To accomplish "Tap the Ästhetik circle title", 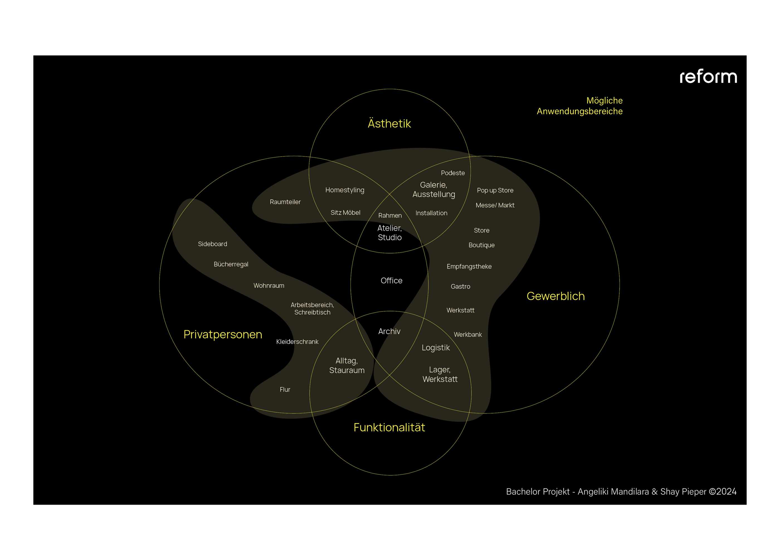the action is coord(389,124).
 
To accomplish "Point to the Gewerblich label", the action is coord(555,296).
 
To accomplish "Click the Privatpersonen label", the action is coord(223,335).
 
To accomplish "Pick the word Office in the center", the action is coord(391,280).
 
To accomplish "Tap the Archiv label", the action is coord(389,331).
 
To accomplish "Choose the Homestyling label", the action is coord(345,190).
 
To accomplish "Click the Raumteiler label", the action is coord(285,202).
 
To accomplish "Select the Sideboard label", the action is coord(212,244).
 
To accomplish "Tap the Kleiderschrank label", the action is coord(297,342).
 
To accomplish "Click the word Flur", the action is coord(285,389).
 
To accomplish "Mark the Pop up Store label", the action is coord(495,190).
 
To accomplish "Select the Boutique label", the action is coord(481,245).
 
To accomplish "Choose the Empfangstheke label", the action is coord(469,267).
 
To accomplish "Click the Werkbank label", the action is coord(467,335).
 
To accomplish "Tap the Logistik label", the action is coord(435,348).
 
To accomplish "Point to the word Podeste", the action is coord(452,173).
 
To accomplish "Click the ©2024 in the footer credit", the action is coord(723,492).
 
